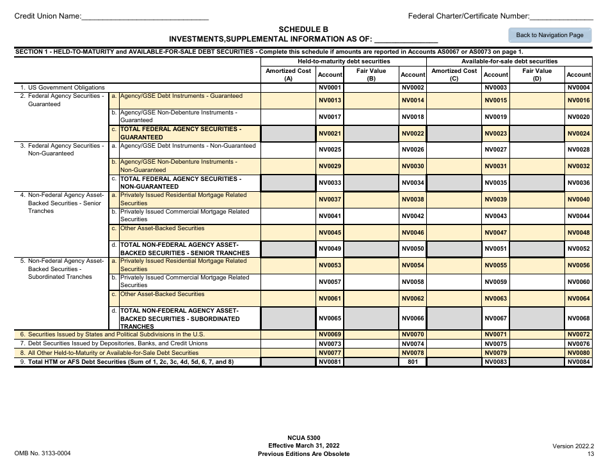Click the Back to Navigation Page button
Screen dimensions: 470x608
click(x=549, y=35)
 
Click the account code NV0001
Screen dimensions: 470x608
click(x=330, y=87)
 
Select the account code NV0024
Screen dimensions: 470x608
click(x=579, y=134)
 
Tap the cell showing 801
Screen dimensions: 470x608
click(x=413, y=362)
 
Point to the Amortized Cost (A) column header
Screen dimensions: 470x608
click(x=289, y=75)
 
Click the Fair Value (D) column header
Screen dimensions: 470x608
click(x=536, y=75)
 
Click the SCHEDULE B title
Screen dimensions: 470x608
click(x=303, y=29)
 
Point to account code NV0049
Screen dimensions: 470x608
click(x=330, y=249)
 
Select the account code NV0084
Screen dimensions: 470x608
click(x=579, y=362)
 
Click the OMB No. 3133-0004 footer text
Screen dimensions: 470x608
click(x=42, y=453)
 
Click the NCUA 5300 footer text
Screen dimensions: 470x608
click(x=303, y=437)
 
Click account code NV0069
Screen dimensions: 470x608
click(x=330, y=334)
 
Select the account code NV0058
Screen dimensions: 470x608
click(x=413, y=282)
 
